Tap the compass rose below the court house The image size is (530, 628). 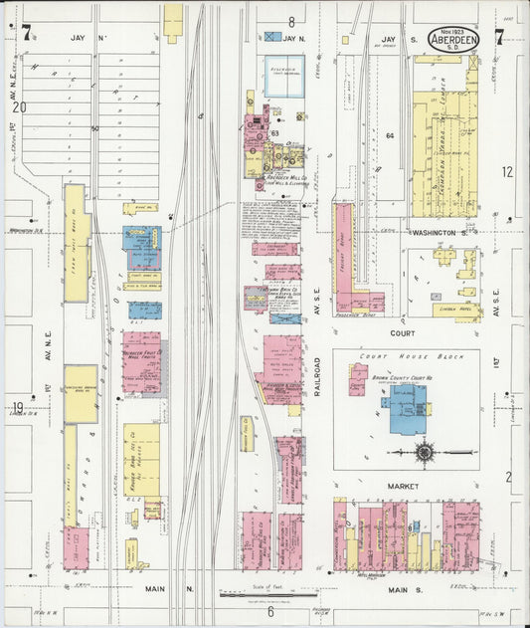pyautogui.click(x=426, y=453)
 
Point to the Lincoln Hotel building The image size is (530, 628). pyautogui.click(x=456, y=310)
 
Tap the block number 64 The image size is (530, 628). pyautogui.click(x=390, y=135)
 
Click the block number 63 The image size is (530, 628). pyautogui.click(x=273, y=131)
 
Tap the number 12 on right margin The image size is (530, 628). pyautogui.click(x=507, y=171)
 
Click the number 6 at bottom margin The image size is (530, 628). pyautogui.click(x=269, y=612)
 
